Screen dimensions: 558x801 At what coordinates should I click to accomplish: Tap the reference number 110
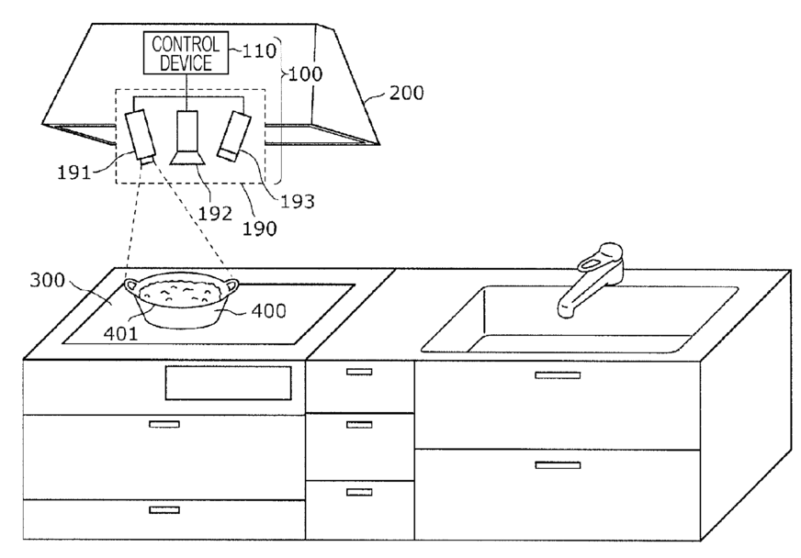(259, 50)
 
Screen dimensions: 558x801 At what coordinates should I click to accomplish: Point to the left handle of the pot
(130, 286)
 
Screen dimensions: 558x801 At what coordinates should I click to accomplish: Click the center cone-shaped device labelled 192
(187, 142)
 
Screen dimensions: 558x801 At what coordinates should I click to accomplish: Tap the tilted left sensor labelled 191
(142, 138)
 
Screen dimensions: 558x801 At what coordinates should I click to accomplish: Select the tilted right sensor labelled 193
(233, 135)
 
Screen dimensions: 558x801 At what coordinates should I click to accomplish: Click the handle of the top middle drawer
(359, 372)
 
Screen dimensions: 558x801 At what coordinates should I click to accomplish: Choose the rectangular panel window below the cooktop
(228, 383)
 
